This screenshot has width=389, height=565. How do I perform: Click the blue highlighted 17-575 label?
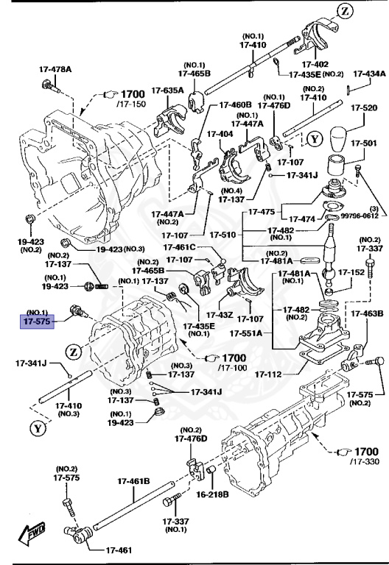(x=38, y=321)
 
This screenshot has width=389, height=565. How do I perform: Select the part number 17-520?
(x=364, y=107)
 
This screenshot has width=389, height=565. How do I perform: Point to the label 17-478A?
(x=55, y=70)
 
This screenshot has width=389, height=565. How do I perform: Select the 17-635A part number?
(x=168, y=90)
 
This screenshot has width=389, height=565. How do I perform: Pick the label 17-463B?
(x=367, y=313)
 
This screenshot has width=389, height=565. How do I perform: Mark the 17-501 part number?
(x=364, y=143)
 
